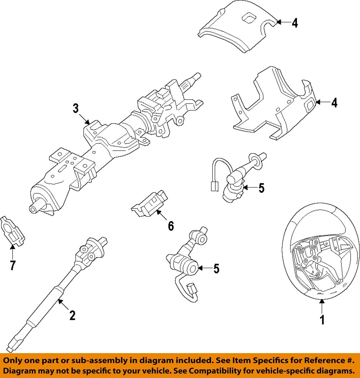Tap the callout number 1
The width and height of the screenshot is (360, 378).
322,319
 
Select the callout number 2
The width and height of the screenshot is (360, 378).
72,315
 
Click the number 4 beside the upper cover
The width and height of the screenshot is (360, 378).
295,23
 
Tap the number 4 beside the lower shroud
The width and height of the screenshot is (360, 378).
334,103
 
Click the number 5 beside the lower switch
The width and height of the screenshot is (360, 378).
216,269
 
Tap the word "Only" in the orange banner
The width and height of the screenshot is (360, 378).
14,360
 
